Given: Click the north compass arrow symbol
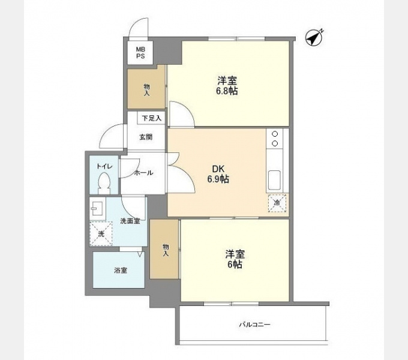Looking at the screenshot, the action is [x=314, y=38].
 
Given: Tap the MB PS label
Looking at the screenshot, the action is [x=140, y=53].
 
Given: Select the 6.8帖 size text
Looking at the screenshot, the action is [x=227, y=91].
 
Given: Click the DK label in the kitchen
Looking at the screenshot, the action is [x=218, y=169].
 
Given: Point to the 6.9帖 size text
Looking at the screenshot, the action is [x=218, y=179].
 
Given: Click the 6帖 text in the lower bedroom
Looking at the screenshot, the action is [x=235, y=264].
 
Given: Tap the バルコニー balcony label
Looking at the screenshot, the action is [x=255, y=325].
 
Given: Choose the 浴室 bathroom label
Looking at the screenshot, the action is [x=121, y=271].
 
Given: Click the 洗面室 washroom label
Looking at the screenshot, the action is [x=130, y=221].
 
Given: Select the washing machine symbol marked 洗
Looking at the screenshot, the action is [x=101, y=234].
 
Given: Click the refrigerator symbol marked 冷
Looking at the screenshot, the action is [x=277, y=203].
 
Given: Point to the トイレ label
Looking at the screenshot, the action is [x=104, y=166].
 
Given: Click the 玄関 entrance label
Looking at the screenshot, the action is [x=146, y=137].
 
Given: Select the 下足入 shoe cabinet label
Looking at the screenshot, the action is [x=152, y=118].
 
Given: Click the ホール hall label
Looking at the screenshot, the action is [x=143, y=173].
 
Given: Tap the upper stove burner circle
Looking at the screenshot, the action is [x=275, y=134].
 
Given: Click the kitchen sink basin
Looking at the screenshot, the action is [x=274, y=180].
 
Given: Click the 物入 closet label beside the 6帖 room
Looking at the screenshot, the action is [x=166, y=250].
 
